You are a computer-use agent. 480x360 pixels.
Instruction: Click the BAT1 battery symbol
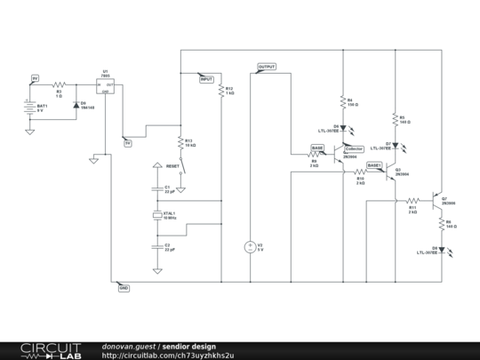29,108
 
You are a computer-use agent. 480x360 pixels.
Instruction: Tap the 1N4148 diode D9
76,105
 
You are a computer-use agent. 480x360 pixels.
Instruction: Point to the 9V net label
35,77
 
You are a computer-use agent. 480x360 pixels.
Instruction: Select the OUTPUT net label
267,67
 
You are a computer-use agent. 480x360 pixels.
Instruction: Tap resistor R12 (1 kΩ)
220,92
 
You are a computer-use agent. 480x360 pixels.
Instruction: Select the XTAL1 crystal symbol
157,216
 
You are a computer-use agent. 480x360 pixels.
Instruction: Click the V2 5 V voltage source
250,247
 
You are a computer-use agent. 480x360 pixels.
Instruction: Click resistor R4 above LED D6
343,102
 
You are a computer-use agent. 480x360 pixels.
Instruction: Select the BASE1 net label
374,164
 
